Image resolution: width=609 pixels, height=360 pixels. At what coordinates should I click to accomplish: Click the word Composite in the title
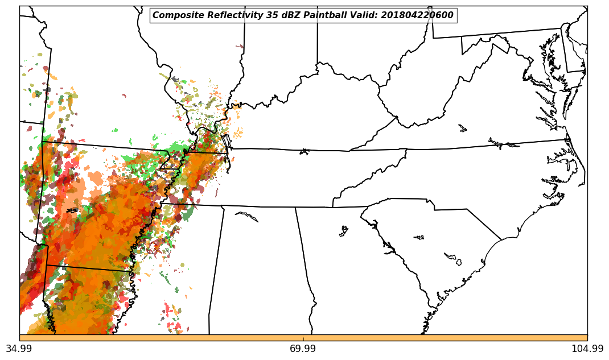[x=175, y=15]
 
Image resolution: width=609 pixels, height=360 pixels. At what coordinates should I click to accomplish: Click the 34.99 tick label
[x=19, y=349]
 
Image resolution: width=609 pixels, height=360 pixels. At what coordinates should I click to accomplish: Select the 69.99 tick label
[x=303, y=349]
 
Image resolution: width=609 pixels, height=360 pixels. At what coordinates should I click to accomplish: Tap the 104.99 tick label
[x=587, y=349]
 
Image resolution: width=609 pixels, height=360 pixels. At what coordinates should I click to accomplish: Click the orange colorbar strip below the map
[x=303, y=338]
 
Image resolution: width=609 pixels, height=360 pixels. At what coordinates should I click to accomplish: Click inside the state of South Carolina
[x=433, y=239]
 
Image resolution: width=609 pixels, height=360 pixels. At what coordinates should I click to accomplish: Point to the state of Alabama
[x=256, y=267]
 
